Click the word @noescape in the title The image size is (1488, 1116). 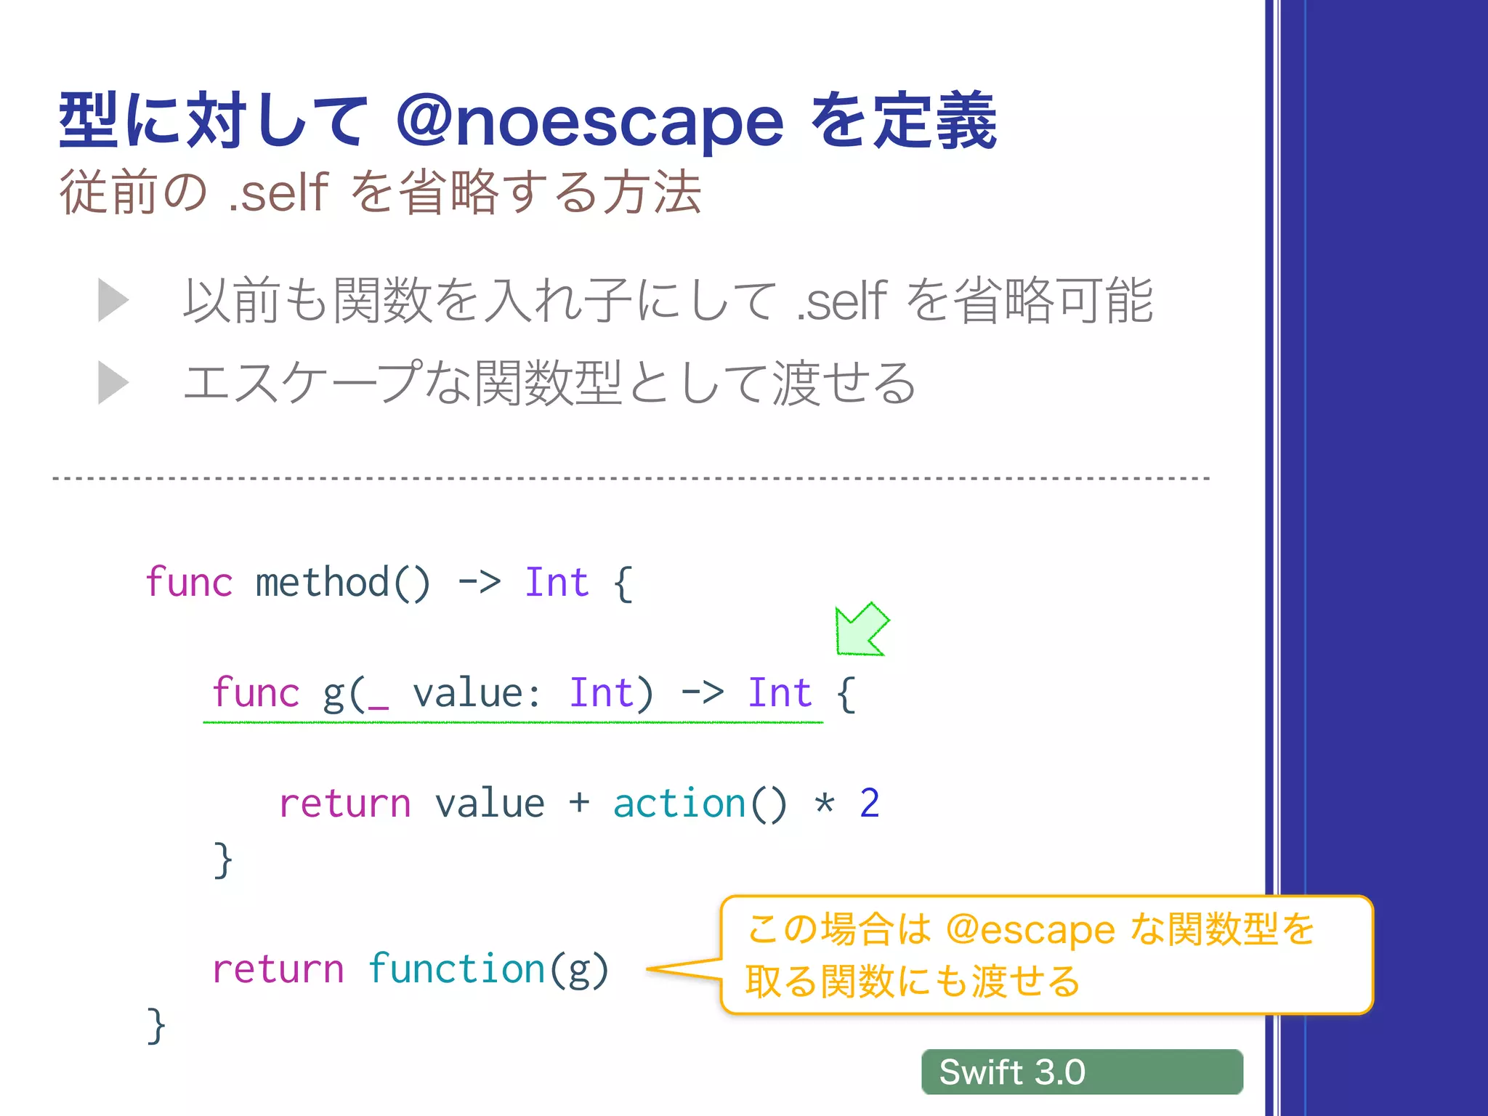590,122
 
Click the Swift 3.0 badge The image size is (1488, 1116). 1081,1072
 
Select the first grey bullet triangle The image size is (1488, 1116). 113,300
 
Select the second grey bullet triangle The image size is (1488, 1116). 113,383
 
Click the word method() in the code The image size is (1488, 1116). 343,583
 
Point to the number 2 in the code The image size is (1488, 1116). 869,804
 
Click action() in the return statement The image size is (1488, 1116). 700,804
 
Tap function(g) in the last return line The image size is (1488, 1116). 488,969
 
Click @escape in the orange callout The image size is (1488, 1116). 1030,929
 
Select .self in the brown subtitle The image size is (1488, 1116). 278,193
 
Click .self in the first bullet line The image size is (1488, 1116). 841,301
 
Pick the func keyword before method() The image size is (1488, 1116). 189,583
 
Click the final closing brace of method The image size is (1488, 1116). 156,1025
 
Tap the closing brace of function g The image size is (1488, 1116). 223,860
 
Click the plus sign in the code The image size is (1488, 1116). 579,803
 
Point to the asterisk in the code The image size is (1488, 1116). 824,804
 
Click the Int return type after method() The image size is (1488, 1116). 557,583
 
